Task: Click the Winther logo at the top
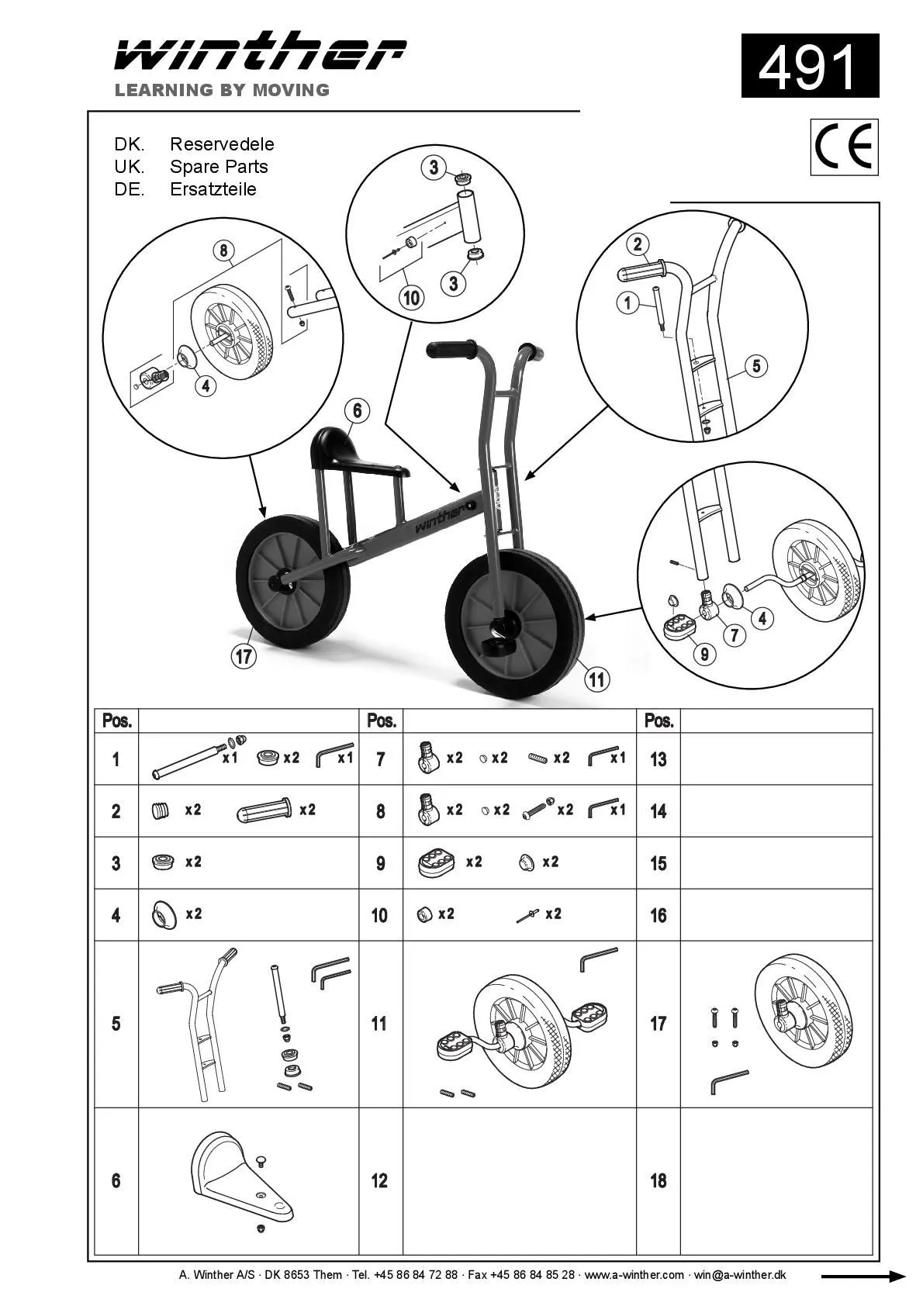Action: (260, 53)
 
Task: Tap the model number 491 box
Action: (810, 66)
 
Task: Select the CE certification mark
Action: (844, 147)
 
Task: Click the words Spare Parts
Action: (219, 167)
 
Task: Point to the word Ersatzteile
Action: (213, 189)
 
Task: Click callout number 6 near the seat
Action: (357, 410)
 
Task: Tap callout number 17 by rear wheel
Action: (244, 656)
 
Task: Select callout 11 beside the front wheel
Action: (596, 679)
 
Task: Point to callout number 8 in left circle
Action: (223, 250)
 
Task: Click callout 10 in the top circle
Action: (411, 297)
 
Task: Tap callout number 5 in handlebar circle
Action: (757, 365)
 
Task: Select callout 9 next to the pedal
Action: (704, 654)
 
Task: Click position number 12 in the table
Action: (379, 1180)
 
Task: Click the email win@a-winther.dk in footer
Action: (739, 1275)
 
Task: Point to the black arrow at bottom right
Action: (863, 1276)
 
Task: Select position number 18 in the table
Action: (658, 1180)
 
